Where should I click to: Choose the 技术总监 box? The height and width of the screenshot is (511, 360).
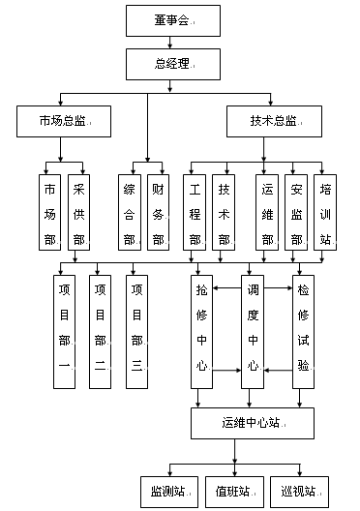[274, 122]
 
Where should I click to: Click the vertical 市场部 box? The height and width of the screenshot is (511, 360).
[50, 213]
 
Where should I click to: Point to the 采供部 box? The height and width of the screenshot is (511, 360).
[79, 213]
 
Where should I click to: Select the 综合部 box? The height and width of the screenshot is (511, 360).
[129, 213]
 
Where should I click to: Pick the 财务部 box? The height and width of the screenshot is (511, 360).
[157, 213]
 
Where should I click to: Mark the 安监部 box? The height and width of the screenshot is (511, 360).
[297, 213]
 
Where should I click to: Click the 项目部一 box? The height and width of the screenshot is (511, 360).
[65, 332]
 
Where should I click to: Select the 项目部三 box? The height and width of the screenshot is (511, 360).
[137, 332]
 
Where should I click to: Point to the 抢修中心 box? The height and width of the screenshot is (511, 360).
[201, 332]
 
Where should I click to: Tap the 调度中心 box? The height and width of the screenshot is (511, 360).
[253, 332]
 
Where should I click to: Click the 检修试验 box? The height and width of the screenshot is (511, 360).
[303, 332]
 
